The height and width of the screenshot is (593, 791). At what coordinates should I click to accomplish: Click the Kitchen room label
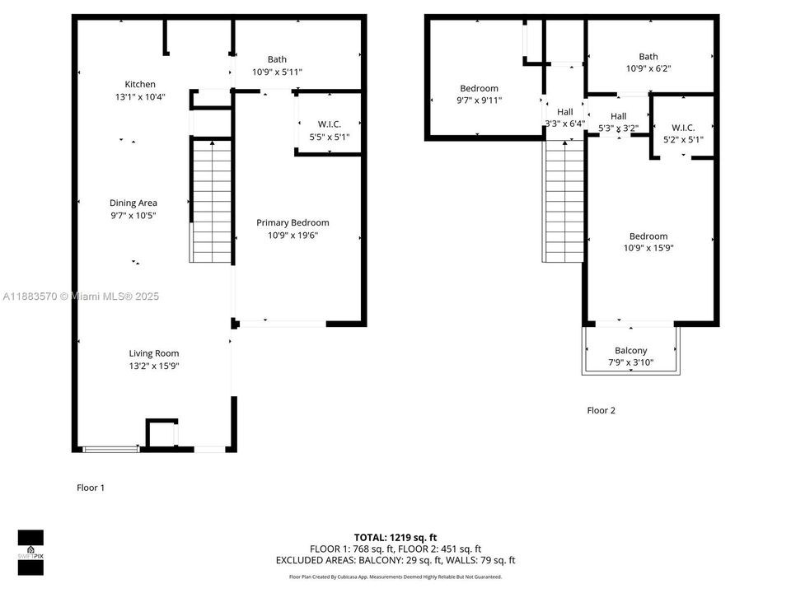140,84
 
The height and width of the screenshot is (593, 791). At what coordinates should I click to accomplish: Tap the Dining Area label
133,203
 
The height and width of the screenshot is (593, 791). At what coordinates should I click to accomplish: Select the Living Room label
154,353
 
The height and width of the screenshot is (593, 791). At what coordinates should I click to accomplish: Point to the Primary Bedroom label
293,222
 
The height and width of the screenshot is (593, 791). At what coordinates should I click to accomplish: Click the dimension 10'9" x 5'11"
277,72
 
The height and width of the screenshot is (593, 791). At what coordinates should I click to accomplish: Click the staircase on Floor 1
212,202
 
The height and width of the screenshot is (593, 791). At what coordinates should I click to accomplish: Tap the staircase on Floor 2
564,202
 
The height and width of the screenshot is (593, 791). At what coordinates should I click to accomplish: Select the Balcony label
631,350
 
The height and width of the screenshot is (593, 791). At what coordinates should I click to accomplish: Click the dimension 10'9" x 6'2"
648,69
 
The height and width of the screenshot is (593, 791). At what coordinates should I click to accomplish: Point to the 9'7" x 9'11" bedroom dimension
479,100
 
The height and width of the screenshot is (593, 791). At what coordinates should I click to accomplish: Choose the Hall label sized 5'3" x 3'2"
619,116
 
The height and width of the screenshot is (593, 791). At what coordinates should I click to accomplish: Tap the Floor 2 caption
601,410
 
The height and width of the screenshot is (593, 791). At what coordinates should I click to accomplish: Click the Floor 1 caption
91,488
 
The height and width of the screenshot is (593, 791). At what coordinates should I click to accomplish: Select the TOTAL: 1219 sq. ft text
395,537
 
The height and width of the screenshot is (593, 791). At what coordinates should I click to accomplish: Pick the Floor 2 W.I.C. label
683,128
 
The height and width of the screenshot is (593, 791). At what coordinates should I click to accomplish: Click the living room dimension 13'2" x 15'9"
154,366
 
